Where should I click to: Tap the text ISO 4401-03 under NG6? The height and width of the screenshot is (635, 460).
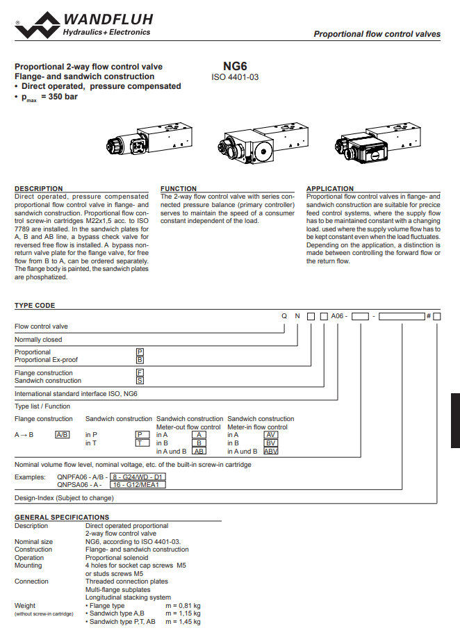tap(235, 78)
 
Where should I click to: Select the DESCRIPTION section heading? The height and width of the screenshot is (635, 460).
tap(39, 188)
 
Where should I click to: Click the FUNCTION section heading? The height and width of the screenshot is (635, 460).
tap(179, 188)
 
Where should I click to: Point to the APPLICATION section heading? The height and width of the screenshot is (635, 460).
tap(330, 188)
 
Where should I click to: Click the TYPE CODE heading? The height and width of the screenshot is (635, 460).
tap(35, 306)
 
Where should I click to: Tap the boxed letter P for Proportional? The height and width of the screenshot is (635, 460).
tap(140, 352)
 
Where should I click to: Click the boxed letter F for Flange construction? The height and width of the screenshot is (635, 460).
tap(140, 373)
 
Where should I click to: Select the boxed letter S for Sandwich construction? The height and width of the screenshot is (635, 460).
tap(140, 381)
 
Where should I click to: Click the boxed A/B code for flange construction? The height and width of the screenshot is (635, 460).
tap(63, 434)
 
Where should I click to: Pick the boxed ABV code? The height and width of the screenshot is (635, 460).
tap(271, 451)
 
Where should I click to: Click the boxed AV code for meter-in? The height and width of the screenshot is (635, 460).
tap(271, 434)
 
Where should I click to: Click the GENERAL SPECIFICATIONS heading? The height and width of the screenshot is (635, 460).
tap(62, 517)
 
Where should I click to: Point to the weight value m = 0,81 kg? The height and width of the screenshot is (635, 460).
tap(183, 605)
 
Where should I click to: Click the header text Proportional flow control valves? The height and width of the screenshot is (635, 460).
tap(377, 33)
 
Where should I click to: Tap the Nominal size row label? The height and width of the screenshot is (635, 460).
tap(34, 541)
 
